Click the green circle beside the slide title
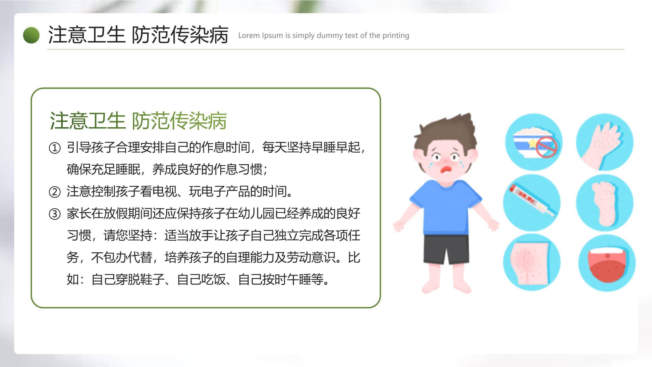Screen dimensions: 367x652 (31, 35)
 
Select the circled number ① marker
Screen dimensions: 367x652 (55, 148)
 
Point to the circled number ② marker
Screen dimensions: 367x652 (55, 192)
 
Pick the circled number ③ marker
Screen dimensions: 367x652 (55, 214)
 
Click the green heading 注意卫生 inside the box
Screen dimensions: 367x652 (87, 120)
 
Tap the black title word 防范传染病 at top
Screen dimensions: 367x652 (180, 35)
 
